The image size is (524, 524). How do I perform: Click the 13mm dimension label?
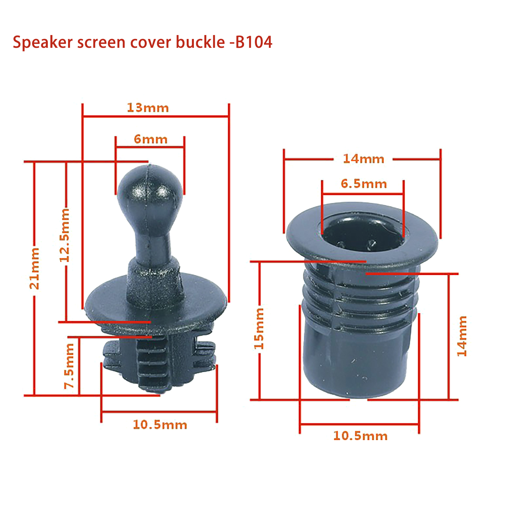click(x=148, y=108)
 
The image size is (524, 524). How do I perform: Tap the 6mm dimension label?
click(x=151, y=139)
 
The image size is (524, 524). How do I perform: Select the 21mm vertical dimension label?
click(x=34, y=269)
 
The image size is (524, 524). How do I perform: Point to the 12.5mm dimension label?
click(x=65, y=235)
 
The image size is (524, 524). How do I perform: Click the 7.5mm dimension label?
click(x=69, y=366)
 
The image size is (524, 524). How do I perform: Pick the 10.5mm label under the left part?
click(x=160, y=425)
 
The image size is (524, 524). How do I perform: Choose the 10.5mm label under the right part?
click(x=360, y=436)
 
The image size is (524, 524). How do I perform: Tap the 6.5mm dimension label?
click(x=364, y=184)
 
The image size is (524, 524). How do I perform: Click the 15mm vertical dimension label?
click(x=259, y=328)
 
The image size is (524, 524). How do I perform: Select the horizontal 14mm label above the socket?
click(x=364, y=159)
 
